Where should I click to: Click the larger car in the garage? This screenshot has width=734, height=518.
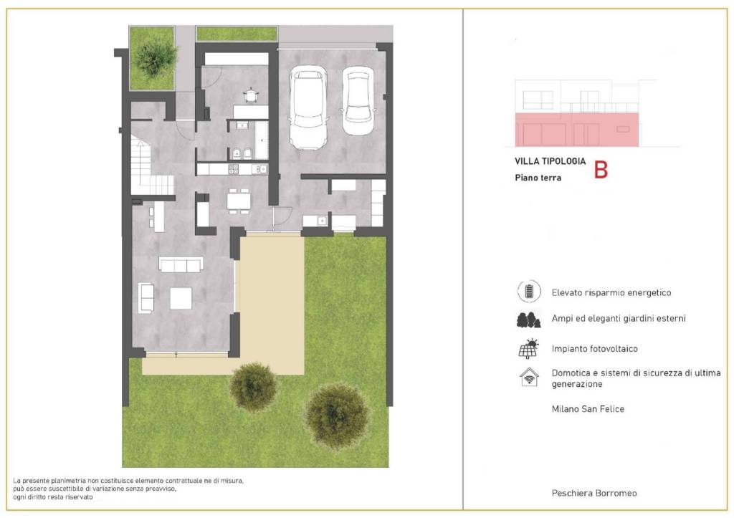click(308, 107)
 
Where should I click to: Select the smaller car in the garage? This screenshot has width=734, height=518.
click(358, 101)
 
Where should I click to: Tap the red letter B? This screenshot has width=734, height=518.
click(601, 170)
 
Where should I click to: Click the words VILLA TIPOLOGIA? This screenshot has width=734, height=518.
click(550, 161)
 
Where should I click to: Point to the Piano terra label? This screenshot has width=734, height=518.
click(538, 178)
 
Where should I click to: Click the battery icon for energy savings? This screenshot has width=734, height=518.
click(529, 292)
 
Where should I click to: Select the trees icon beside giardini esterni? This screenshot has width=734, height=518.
click(528, 320)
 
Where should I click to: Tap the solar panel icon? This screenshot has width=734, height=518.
click(529, 349)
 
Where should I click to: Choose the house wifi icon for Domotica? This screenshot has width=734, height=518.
click(530, 377)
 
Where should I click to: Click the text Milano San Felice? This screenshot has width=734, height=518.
click(588, 409)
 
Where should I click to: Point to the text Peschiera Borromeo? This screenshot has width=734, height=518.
click(594, 493)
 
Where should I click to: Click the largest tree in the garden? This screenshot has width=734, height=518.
click(337, 415)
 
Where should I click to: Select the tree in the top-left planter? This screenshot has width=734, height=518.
click(154, 58)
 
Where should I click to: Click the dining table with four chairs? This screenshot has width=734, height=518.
click(239, 201)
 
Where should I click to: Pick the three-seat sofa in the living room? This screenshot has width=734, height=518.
click(181, 264)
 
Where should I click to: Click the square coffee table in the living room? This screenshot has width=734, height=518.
click(181, 298)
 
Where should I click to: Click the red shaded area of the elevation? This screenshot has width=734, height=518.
click(577, 130)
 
